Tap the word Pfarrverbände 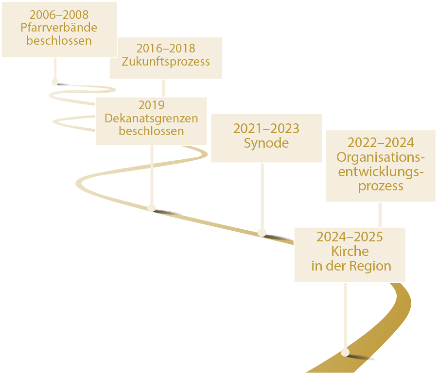point(59,28)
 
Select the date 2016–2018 point(166,49)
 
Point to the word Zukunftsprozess point(166,62)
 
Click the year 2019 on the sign point(151,105)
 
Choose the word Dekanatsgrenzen point(151,119)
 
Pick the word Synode point(266,143)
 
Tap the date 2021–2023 point(266,129)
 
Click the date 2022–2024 point(381,143)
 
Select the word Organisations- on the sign point(381,157)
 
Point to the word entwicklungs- point(381,171)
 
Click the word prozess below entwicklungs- point(381,186)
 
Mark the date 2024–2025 point(350,237)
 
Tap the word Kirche point(350,252)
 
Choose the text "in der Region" point(350,266)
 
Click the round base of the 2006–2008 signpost point(55,82)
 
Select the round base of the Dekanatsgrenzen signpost point(152,207)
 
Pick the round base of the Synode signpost point(262,232)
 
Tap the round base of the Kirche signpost point(345,352)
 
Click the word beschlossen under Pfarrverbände point(59,41)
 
